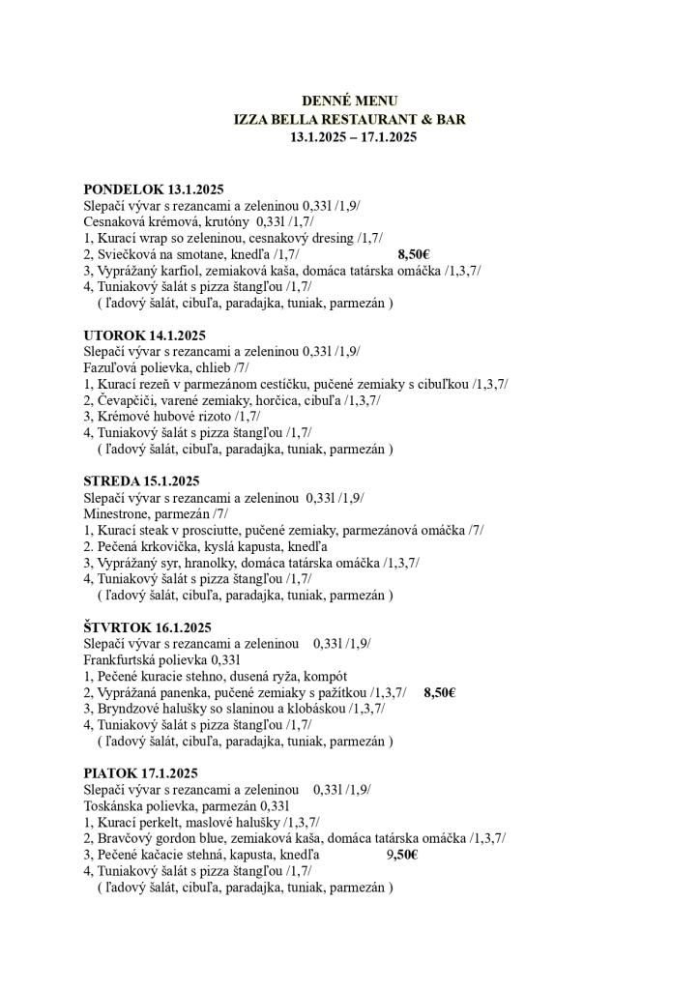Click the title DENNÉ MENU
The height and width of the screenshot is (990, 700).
pyautogui.click(x=349, y=101)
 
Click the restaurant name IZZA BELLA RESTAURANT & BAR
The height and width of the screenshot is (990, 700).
pyautogui.click(x=349, y=119)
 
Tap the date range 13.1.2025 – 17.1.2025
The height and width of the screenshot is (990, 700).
pyautogui.click(x=353, y=137)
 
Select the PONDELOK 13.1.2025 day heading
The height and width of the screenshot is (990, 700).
pyautogui.click(x=154, y=189)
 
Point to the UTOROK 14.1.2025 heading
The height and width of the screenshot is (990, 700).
pyautogui.click(x=145, y=335)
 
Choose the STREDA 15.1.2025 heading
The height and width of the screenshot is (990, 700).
pyautogui.click(x=141, y=481)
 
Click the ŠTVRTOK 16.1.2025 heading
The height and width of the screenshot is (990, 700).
pyautogui.click(x=147, y=627)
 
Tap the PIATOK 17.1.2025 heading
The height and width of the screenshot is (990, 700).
pyautogui.click(x=140, y=773)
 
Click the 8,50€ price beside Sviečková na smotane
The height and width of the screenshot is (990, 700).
pyautogui.click(x=413, y=254)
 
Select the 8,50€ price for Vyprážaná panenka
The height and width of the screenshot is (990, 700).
pyautogui.click(x=439, y=692)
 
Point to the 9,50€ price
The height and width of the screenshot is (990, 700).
pyautogui.click(x=401, y=855)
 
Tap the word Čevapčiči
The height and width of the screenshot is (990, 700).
pyautogui.click(x=127, y=400)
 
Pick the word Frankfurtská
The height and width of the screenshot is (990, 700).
pyautogui.click(x=122, y=660)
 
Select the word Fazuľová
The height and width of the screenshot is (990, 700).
pyautogui.click(x=112, y=368)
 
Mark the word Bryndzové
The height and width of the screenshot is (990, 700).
pyautogui.click(x=129, y=709)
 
